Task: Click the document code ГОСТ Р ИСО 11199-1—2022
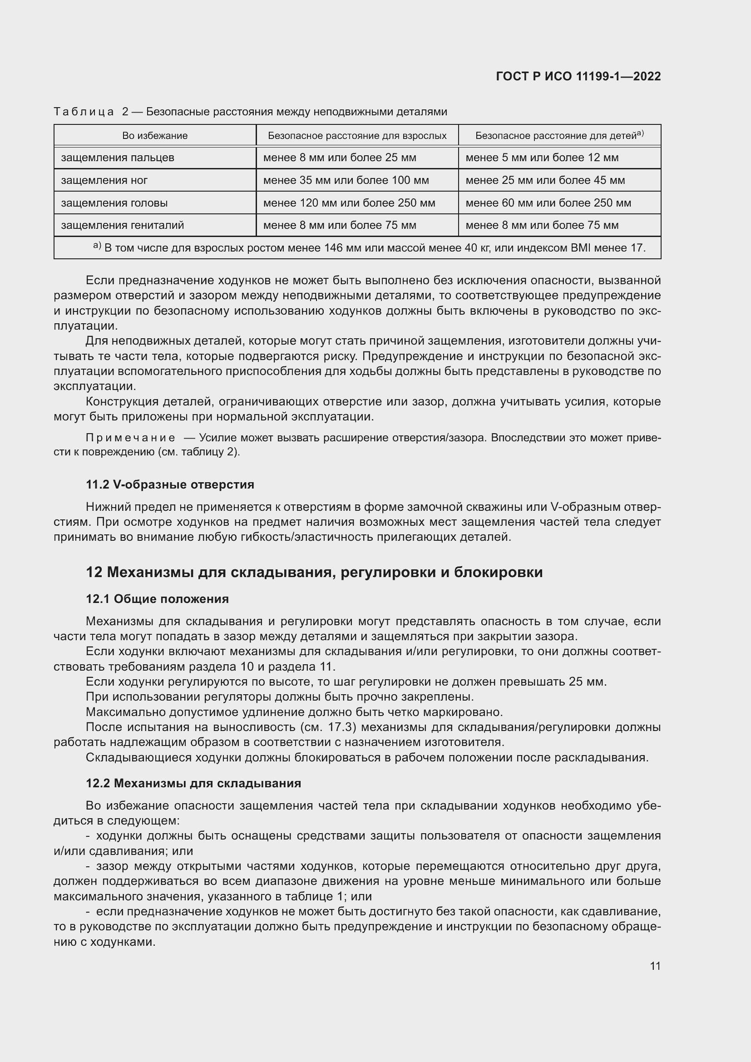pos(578,76)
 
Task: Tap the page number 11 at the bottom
pos(655,966)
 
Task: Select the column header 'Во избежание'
pos(155,135)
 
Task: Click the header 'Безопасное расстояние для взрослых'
pos(357,135)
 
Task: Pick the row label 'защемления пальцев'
pos(118,158)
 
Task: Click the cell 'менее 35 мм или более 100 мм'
pos(346,180)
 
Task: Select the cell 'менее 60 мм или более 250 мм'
pos(548,203)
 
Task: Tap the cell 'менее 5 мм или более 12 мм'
pos(542,158)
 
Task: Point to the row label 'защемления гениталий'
pos(123,225)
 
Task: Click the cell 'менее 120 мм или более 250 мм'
pos(349,203)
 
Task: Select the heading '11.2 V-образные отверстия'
pos(170,484)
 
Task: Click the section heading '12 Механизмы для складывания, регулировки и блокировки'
pos(314,572)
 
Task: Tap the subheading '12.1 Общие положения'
pos(157,599)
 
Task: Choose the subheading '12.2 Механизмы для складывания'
pos(193,783)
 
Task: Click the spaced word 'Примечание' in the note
pos(130,438)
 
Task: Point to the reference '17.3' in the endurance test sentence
pos(342,727)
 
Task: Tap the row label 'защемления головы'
pos(114,203)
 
